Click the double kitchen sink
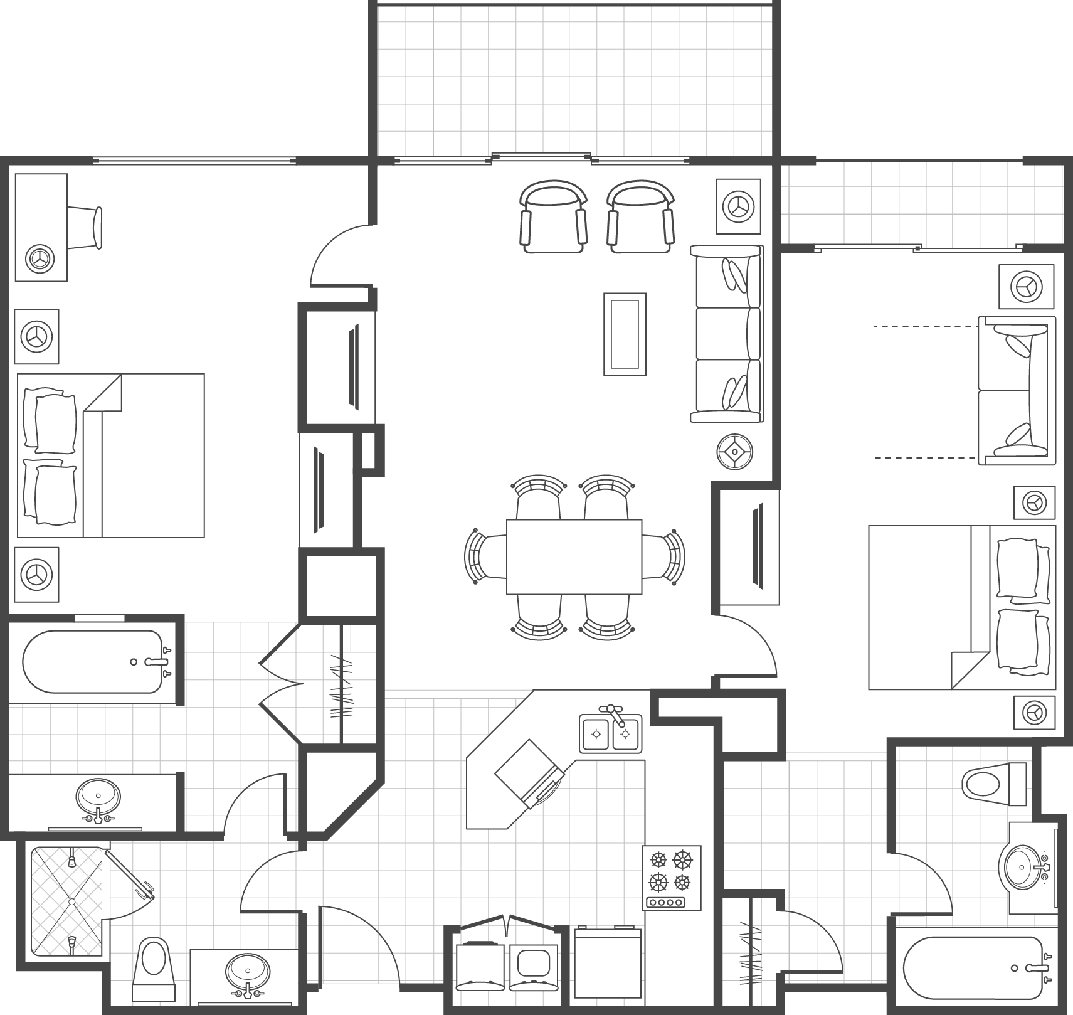coord(610,733)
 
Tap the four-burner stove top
coord(671,877)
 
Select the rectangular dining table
coord(574,556)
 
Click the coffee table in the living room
coord(625,334)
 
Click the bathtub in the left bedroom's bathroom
coord(93,661)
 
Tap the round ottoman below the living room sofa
coord(735,451)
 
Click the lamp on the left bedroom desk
coord(40,258)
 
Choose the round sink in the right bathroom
coord(1022,867)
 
